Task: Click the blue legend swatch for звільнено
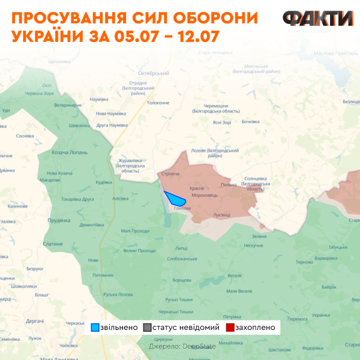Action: point(95,328)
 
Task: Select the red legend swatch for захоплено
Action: point(230,328)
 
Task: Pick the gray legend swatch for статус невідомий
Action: point(148,328)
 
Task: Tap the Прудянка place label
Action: point(60,220)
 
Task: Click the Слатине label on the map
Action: point(53,244)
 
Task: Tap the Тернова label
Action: point(305,262)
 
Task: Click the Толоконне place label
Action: point(158,103)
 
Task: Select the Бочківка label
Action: point(250,122)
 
